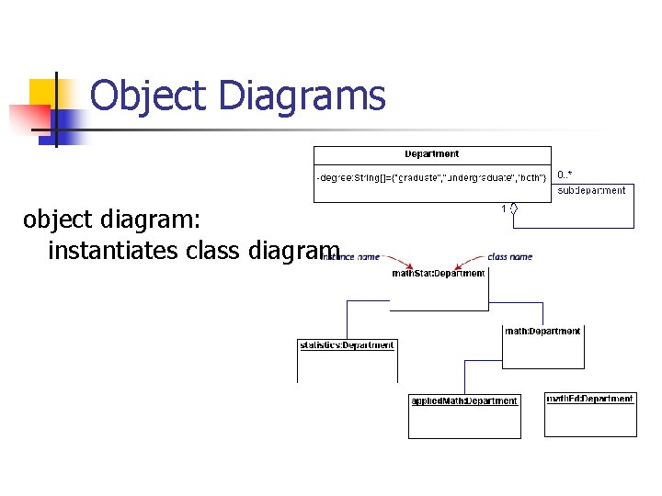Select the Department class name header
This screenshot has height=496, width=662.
pyautogui.click(x=431, y=154)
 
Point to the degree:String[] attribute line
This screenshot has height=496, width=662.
pyautogui.click(x=432, y=175)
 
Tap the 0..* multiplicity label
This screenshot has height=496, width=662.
pyautogui.click(x=565, y=174)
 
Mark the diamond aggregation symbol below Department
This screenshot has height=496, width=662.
pyautogui.click(x=515, y=210)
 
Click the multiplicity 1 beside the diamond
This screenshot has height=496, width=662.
pyautogui.click(x=504, y=209)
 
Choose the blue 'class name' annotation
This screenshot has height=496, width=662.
pyautogui.click(x=509, y=256)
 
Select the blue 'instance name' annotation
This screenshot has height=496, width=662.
pyautogui.click(x=352, y=256)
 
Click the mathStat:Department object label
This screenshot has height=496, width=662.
pyautogui.click(x=439, y=273)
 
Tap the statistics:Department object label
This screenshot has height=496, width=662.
pyautogui.click(x=347, y=345)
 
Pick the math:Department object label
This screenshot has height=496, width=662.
pyautogui.click(x=542, y=331)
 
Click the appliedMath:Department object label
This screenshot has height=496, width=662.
pyautogui.click(x=464, y=400)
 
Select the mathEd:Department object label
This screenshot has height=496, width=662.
pyautogui.click(x=590, y=399)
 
